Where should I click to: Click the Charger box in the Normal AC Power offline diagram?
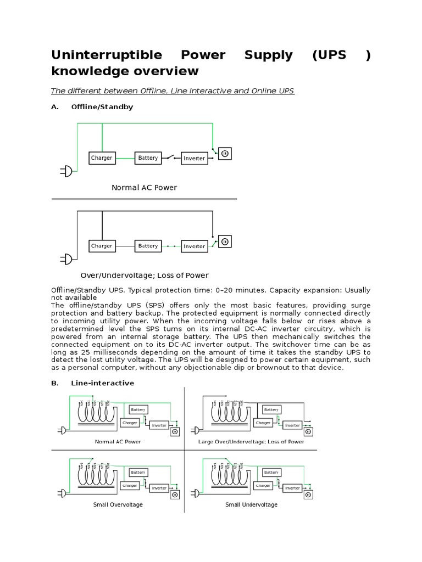point(102,158)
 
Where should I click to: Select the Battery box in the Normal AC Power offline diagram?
point(148,158)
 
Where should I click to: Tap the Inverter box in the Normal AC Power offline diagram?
point(194,158)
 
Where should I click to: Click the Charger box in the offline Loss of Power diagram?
point(102,246)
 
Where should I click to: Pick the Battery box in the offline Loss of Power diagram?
point(148,246)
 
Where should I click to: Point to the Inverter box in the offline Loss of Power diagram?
point(194,246)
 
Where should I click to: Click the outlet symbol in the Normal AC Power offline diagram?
point(224,154)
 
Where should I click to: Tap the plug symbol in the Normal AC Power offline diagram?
point(66,172)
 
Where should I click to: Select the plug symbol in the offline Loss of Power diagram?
point(66,260)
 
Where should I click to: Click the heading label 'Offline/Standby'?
point(102,107)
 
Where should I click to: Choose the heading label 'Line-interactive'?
point(102,383)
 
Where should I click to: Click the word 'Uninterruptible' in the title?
point(107,55)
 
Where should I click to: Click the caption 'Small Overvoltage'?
point(118,504)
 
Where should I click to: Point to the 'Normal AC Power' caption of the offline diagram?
point(144,188)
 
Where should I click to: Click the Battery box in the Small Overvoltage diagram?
point(138,472)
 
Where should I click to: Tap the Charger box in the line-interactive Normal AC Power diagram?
point(130,423)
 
